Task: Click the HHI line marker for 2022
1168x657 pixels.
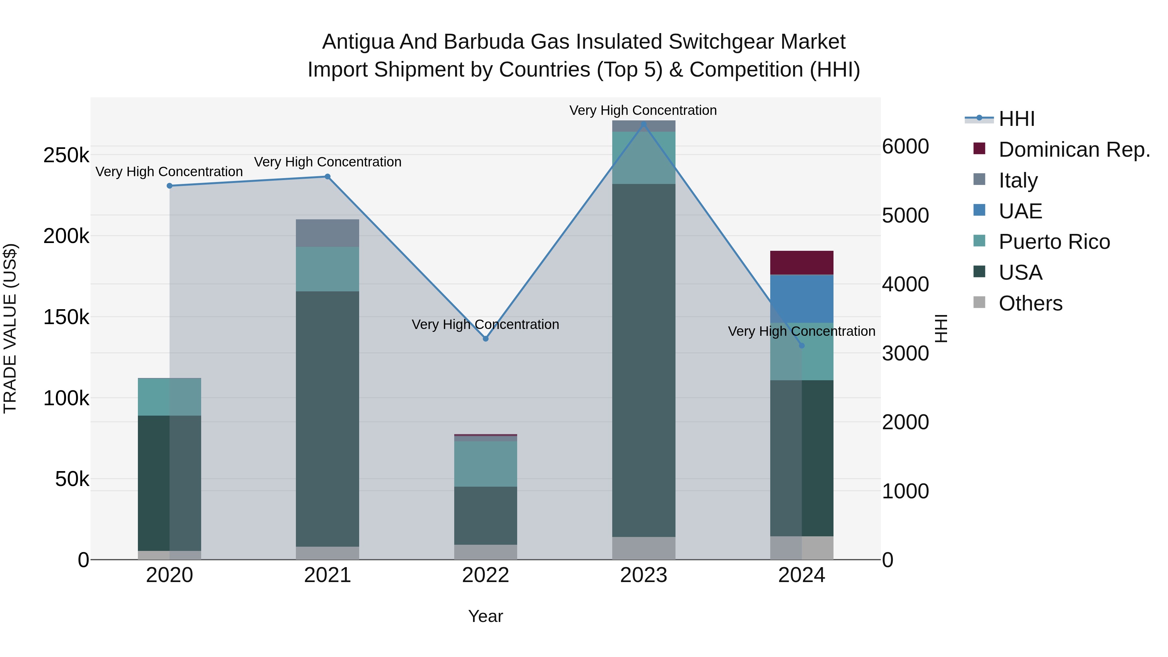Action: (486, 339)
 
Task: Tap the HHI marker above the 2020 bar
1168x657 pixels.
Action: (170, 186)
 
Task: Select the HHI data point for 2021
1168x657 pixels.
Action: (327, 177)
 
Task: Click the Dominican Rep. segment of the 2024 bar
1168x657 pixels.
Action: (802, 262)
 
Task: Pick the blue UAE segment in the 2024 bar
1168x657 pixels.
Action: (802, 299)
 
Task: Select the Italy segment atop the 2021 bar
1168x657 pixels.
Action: (327, 233)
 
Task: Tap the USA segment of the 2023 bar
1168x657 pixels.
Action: (643, 360)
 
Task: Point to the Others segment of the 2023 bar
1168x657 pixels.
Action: (643, 548)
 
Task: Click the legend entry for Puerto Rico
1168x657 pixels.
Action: (1054, 242)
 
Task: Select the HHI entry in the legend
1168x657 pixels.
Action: (1016, 119)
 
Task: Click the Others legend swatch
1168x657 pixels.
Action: (979, 302)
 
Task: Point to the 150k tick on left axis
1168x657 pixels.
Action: (66, 317)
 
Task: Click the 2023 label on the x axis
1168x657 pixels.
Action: (643, 575)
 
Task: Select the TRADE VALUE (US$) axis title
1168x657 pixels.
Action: (10, 328)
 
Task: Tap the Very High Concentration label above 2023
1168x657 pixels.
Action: (643, 110)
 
